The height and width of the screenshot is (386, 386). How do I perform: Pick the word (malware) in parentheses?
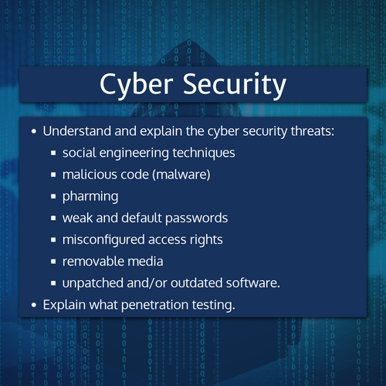pos(182,174)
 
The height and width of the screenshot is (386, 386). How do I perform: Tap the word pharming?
pos(90,196)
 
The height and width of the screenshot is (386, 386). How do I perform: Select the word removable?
pos(93,261)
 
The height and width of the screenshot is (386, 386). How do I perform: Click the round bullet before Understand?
pos(34,131)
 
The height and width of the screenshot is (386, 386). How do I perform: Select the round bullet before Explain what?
pos(34,305)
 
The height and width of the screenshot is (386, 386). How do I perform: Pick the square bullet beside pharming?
pos(54,197)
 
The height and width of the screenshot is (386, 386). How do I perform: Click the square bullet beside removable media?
pos(54,262)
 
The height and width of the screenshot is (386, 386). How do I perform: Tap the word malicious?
pos(90,174)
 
